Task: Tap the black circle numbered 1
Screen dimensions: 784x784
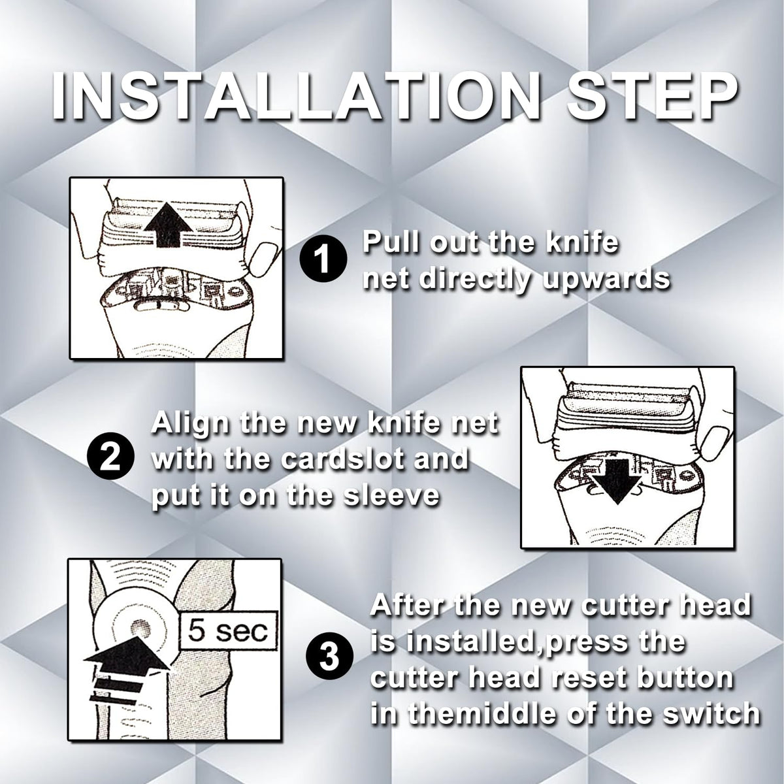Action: [323, 261]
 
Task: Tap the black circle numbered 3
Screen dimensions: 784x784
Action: [329, 659]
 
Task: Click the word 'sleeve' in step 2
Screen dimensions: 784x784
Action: [392, 496]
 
